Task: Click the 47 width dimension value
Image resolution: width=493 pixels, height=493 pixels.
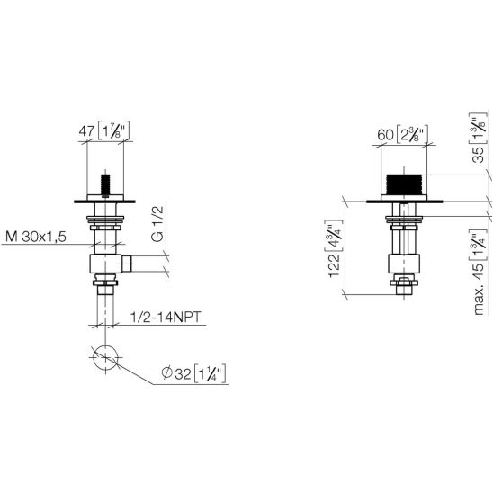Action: (86, 131)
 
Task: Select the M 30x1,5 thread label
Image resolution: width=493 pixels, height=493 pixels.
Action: (36, 237)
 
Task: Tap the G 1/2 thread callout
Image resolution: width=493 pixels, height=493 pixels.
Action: (157, 223)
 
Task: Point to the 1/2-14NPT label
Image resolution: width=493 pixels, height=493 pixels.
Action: (166, 317)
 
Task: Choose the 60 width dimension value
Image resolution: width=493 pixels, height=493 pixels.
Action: (385, 135)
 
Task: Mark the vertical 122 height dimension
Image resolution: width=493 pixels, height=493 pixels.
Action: (335, 265)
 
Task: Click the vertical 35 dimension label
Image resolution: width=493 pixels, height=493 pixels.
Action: (478, 155)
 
